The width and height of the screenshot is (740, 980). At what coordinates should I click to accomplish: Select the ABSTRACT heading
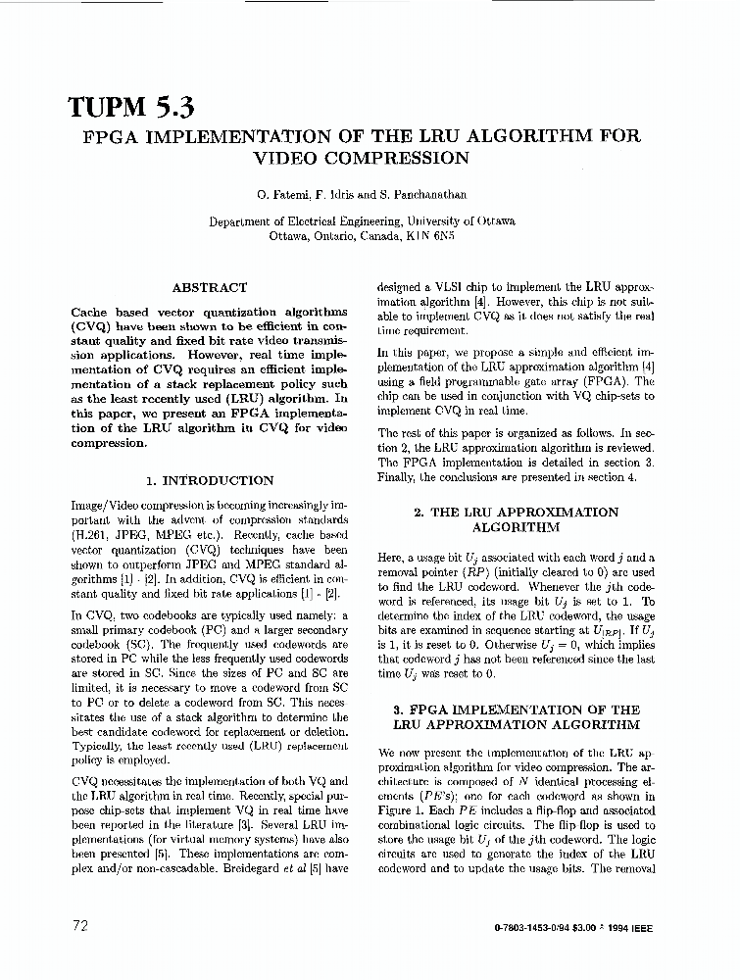[x=209, y=288]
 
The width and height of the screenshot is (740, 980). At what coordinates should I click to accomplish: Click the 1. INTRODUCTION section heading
[x=209, y=481]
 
